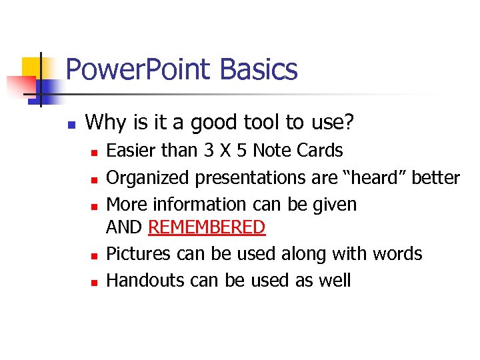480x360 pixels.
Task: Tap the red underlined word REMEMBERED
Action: (207, 227)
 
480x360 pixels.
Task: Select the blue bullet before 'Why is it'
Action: (71, 125)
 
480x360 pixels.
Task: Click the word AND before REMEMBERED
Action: (125, 227)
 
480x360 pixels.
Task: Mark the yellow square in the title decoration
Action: (31, 67)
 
